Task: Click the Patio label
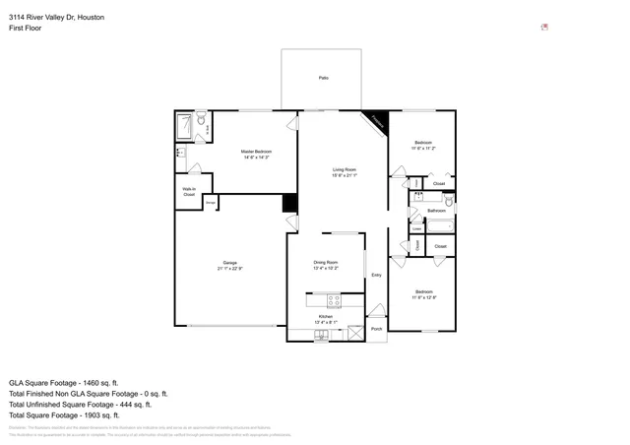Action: [323, 78]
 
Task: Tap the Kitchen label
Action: [325, 318]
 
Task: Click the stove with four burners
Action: [333, 299]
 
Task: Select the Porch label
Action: [376, 329]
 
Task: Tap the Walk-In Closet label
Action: [188, 192]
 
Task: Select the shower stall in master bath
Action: [184, 125]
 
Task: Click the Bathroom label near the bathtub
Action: [437, 211]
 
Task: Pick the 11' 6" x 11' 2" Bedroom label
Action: [423, 145]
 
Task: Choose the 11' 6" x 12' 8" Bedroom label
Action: [423, 293]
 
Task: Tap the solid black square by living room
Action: [289, 203]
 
